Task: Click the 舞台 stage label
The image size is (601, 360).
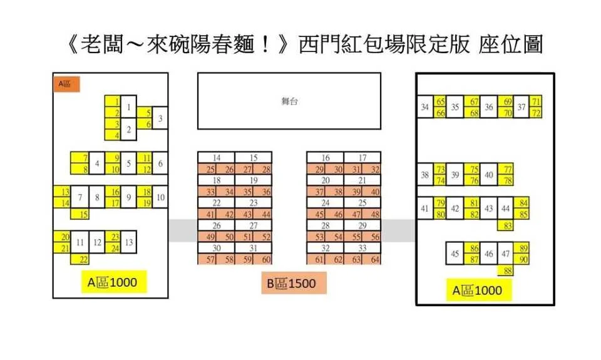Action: [289, 101]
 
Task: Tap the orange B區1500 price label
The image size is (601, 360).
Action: [294, 283]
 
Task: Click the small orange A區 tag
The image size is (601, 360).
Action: [67, 85]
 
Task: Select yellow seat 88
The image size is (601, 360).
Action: [506, 270]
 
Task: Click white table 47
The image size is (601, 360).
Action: [506, 254]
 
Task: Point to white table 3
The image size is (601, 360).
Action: [160, 118]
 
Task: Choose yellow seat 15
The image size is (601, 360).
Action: [80, 214]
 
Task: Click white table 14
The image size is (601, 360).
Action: [216, 158]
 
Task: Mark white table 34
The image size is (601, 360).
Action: [425, 106]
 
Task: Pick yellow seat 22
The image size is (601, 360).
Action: [80, 259]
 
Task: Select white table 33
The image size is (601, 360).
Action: [362, 248]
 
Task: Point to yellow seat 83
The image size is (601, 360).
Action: [506, 225]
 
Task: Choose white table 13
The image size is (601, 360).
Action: [129, 242]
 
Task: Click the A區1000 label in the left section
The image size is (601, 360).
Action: [114, 282]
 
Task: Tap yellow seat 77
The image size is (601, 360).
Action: [506, 169]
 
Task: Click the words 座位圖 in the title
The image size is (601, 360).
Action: [510, 44]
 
